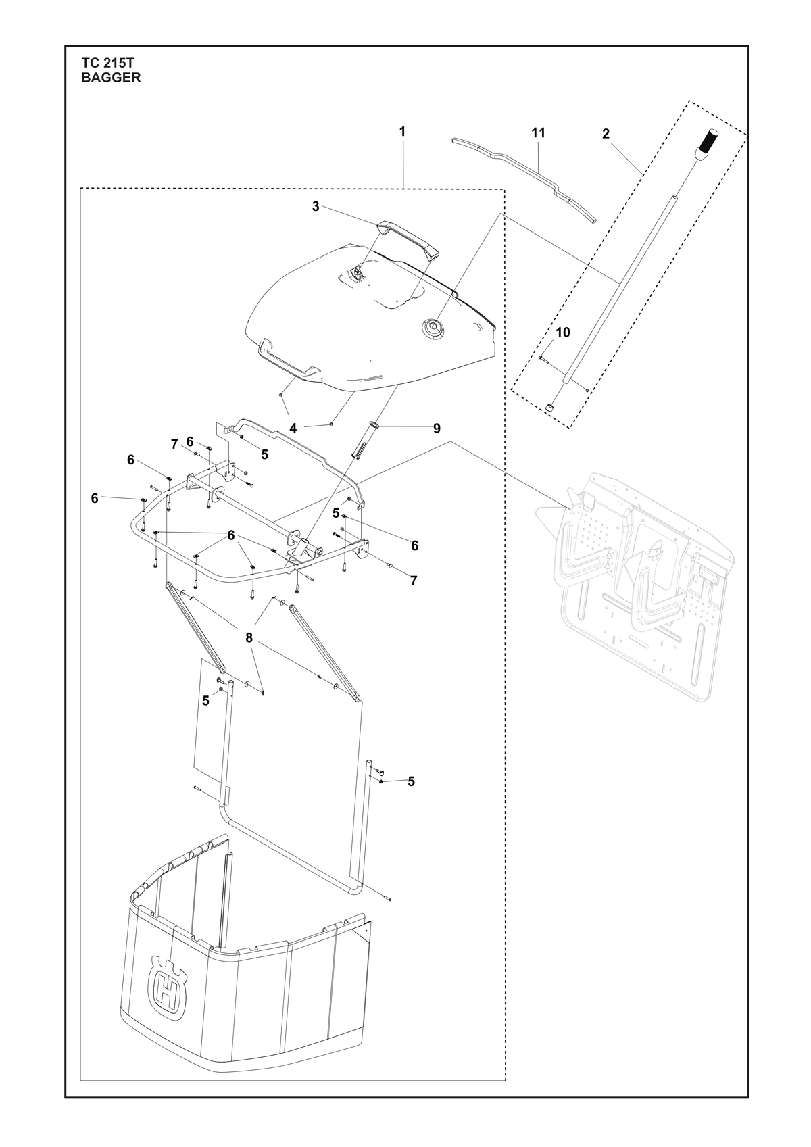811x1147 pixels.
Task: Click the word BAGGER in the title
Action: (111, 78)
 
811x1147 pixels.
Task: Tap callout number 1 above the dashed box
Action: (402, 132)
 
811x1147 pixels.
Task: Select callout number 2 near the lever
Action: (606, 134)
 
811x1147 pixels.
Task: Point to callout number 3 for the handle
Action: (316, 206)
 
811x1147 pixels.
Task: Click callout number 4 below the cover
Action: (293, 428)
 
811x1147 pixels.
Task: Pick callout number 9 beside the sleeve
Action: (437, 428)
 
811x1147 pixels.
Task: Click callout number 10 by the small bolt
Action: (563, 333)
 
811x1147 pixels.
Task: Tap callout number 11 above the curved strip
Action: (538, 133)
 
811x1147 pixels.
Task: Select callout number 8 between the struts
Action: (249, 637)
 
